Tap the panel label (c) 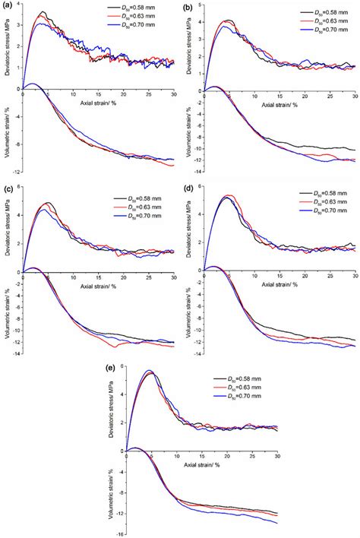pyautogui.click(x=8, y=187)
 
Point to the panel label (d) pyautogui.click(x=188, y=187)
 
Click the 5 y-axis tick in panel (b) pyautogui.click(x=199, y=5)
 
